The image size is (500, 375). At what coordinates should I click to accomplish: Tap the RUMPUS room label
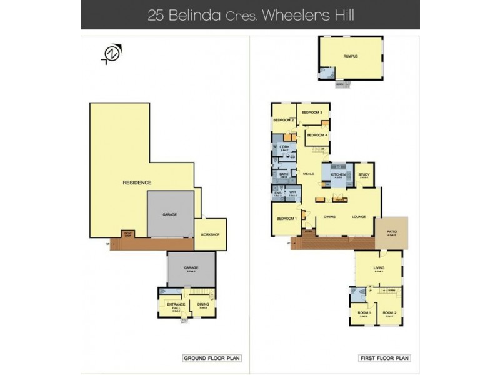point(349,56)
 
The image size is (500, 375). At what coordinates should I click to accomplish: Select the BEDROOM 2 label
point(284,119)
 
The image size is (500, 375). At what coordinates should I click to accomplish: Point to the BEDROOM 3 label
point(311,112)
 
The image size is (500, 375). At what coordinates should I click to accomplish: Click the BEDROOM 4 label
point(317,135)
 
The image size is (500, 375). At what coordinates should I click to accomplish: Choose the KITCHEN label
point(338,174)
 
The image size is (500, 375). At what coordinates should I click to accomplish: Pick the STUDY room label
point(363,175)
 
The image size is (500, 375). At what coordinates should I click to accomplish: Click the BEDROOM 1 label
point(287,219)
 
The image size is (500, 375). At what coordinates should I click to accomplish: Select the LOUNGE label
point(359,217)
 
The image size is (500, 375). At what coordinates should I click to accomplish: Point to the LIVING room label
point(378,267)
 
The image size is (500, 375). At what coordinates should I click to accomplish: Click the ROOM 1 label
point(363,312)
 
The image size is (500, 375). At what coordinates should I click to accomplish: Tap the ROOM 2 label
point(389,312)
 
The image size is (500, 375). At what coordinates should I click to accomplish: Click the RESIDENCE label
point(137,182)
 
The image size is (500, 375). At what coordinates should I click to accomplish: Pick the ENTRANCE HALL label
point(176,306)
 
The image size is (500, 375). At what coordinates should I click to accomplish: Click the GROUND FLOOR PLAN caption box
point(212,358)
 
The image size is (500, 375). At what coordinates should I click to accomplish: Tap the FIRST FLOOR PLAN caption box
point(384,358)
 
